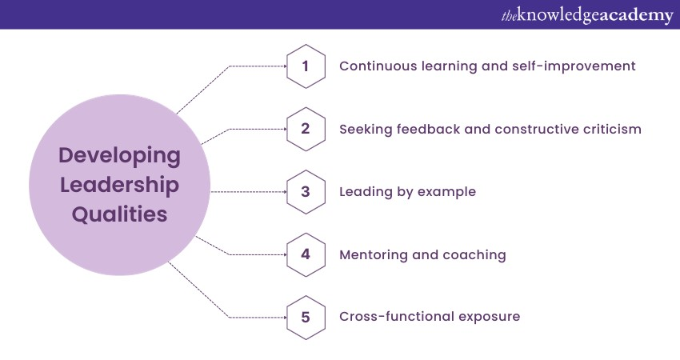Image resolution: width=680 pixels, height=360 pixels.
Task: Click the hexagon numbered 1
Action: (x=305, y=66)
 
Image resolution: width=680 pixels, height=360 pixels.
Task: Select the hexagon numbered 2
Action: (x=305, y=129)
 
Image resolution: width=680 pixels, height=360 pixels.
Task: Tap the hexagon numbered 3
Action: (x=305, y=192)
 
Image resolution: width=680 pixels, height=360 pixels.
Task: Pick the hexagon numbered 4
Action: (x=305, y=254)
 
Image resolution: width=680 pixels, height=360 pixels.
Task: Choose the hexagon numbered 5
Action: (x=305, y=317)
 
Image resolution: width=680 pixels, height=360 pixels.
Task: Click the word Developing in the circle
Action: (x=119, y=155)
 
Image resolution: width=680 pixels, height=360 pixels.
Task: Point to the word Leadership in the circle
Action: (x=119, y=185)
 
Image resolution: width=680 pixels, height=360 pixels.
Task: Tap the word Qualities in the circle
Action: (x=119, y=214)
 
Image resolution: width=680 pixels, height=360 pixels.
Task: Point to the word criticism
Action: (x=608, y=129)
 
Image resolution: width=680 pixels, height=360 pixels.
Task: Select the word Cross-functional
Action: (x=396, y=317)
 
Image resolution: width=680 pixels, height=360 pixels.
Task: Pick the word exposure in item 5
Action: (x=489, y=317)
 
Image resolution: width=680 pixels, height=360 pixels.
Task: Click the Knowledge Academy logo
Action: (x=587, y=15)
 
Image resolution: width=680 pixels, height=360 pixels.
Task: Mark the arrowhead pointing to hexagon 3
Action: (x=284, y=192)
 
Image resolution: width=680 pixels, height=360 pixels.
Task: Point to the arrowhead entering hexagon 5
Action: (x=284, y=317)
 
